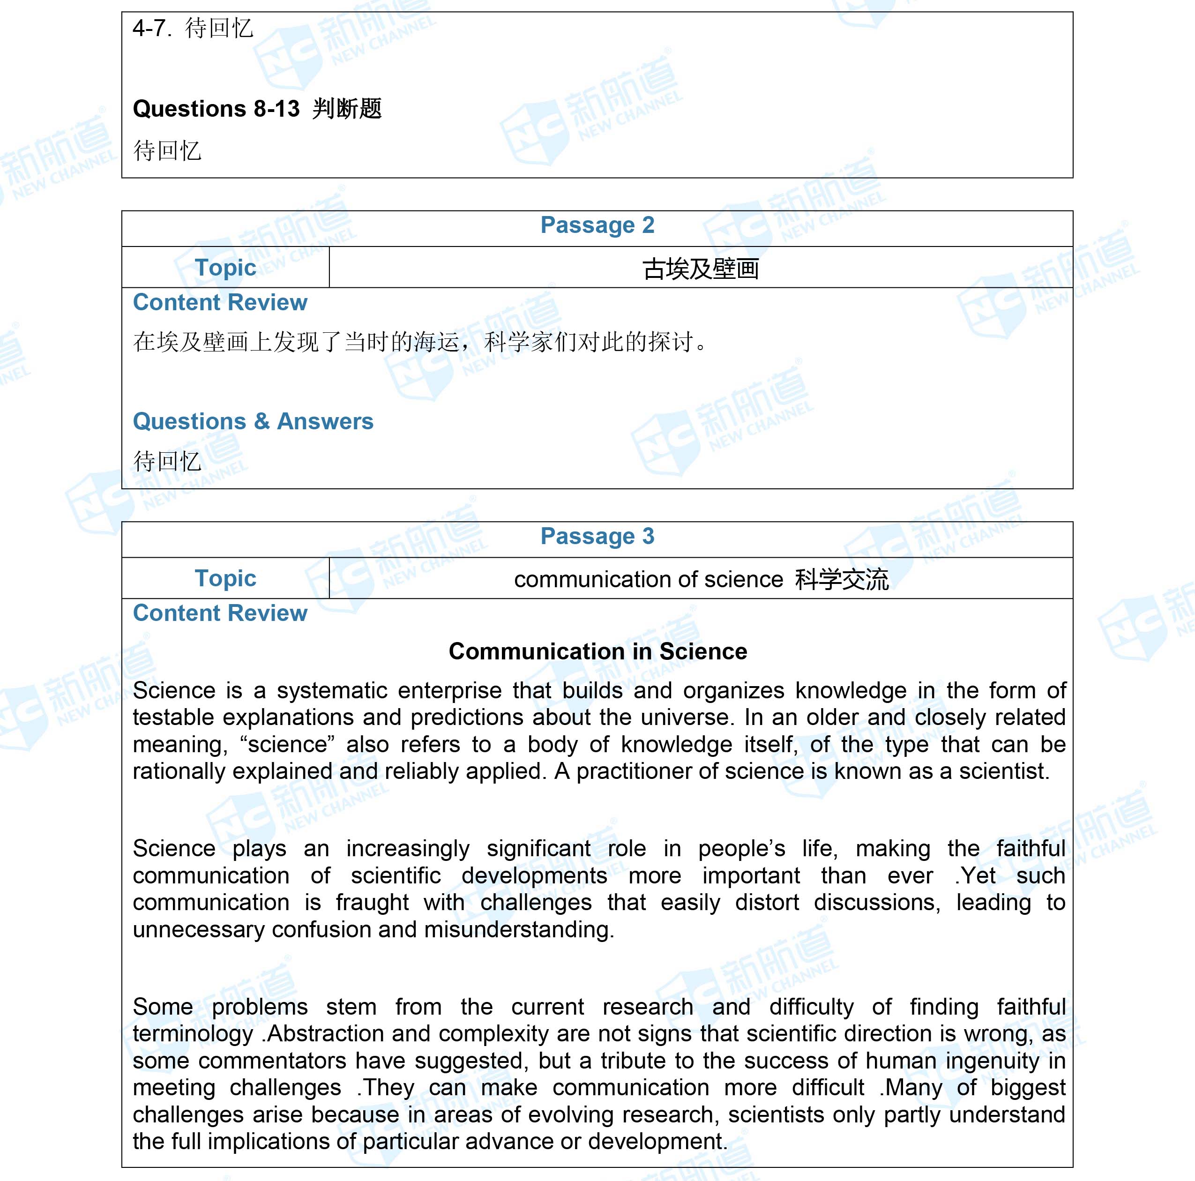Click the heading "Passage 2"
(x=597, y=225)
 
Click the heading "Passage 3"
(x=597, y=536)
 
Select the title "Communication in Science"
(x=597, y=651)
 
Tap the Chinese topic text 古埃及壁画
(x=700, y=269)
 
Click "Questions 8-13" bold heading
(x=216, y=109)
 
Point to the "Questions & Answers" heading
(x=253, y=421)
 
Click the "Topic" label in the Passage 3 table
(x=225, y=578)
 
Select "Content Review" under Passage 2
(x=220, y=303)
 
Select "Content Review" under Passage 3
(x=220, y=613)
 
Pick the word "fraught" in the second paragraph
(x=372, y=903)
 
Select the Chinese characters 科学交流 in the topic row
(x=842, y=579)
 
